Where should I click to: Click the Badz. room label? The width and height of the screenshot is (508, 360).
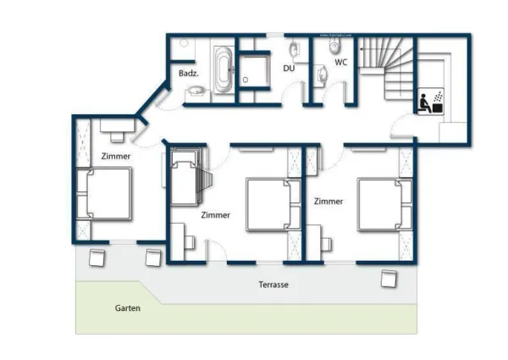pyautogui.click(x=188, y=74)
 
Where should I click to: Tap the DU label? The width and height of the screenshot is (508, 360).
pyautogui.click(x=289, y=68)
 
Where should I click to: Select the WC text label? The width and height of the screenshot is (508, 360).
pyautogui.click(x=340, y=62)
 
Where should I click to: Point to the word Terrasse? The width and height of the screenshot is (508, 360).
pyautogui.click(x=273, y=285)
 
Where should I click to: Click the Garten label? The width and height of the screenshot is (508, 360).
pyautogui.click(x=128, y=308)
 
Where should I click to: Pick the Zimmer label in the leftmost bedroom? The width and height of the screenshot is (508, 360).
pyautogui.click(x=116, y=157)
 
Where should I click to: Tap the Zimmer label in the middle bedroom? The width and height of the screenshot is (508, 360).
pyautogui.click(x=216, y=215)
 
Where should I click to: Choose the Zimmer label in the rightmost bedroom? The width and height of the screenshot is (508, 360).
pyautogui.click(x=328, y=202)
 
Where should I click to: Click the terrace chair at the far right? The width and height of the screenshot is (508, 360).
pyautogui.click(x=389, y=278)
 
